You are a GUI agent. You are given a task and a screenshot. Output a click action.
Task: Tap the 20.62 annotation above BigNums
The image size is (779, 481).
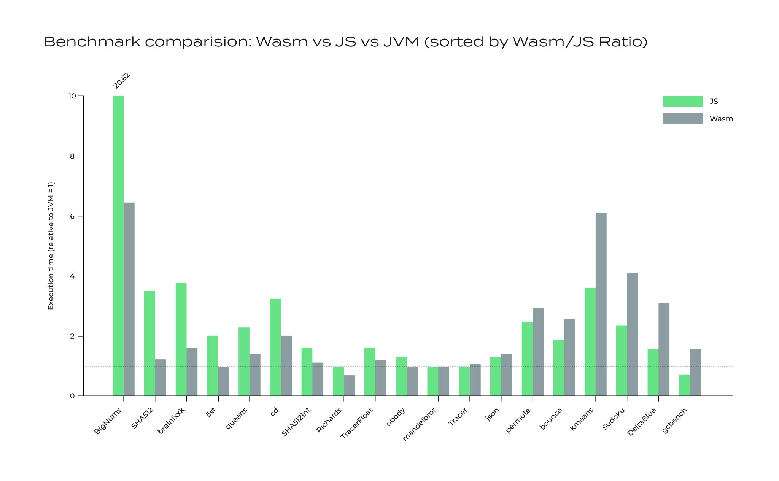122,81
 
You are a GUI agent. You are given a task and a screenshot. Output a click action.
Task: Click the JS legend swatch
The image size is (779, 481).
683,101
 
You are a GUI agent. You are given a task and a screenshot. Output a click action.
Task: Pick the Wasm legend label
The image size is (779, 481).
721,119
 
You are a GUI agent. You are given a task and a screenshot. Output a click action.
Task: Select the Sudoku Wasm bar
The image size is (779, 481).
633,335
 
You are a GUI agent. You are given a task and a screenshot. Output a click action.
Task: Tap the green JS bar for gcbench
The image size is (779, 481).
684,385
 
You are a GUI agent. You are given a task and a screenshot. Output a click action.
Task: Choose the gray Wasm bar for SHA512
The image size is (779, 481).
161,378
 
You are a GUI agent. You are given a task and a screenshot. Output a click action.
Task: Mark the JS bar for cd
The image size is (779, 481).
275,347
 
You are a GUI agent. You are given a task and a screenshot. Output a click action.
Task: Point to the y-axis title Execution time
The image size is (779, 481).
51,246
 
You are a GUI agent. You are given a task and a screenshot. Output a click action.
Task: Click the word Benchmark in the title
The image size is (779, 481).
92,42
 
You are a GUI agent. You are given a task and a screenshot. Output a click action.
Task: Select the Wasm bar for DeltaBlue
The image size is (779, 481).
664,349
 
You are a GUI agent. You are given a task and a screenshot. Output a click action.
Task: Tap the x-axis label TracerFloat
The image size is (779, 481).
357,423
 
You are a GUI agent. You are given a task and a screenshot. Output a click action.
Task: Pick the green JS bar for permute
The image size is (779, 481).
527,359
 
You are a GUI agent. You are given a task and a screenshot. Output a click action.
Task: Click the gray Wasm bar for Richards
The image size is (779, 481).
349,386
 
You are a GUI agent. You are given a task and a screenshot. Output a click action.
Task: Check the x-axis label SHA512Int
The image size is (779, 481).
296,422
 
